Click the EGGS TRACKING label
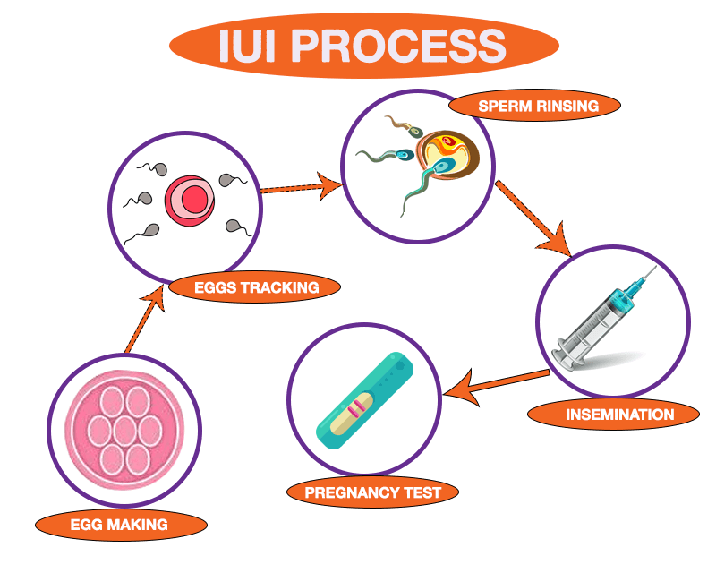pyautogui.click(x=255, y=287)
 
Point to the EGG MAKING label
pyautogui.click(x=119, y=524)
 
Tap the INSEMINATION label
pyautogui.click(x=613, y=415)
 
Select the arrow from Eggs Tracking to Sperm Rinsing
pyautogui.click(x=301, y=187)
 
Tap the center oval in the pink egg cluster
pyautogui.click(x=124, y=431)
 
